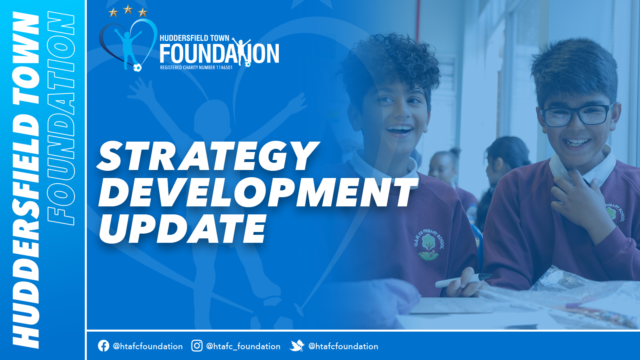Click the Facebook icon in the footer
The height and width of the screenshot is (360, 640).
click(x=104, y=346)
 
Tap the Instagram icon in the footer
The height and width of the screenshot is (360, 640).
click(x=197, y=346)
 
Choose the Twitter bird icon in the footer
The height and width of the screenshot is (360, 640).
click(x=297, y=346)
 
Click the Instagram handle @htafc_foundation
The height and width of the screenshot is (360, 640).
click(x=243, y=346)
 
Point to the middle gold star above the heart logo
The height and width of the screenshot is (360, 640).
click(x=128, y=10)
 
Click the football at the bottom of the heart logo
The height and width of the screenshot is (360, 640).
click(x=137, y=68)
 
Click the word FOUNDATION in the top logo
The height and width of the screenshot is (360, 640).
click(x=219, y=53)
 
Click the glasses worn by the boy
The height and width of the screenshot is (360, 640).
click(x=576, y=114)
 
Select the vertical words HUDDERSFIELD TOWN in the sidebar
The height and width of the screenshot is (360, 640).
click(x=26, y=180)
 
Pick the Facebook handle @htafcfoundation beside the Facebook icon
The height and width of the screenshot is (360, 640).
click(x=148, y=346)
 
